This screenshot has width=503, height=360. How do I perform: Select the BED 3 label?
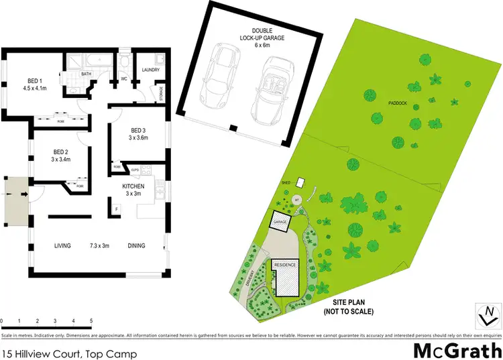click(138, 130)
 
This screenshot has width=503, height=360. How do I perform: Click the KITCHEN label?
click(134, 186)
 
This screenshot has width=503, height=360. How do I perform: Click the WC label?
click(123, 78)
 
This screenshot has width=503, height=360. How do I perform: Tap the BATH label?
click(87, 74)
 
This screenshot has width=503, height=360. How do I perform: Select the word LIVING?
click(62, 246)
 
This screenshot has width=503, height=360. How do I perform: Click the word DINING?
click(136, 246)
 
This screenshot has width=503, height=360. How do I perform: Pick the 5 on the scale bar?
click(91, 320)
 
